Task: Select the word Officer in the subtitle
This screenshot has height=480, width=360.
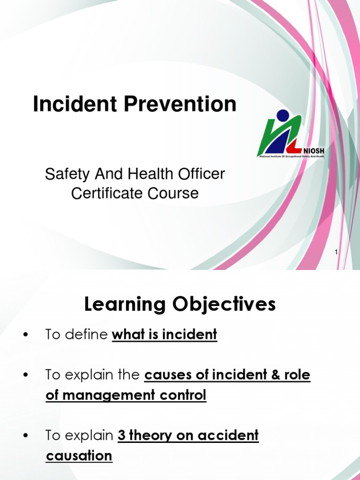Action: [201, 174]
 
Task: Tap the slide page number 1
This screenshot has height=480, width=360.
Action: [336, 253]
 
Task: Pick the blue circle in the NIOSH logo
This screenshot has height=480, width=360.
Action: [283, 116]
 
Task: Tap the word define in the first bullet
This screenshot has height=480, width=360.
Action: [90, 335]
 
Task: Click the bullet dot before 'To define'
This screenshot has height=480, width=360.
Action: [25, 335]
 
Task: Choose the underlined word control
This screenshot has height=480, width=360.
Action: [185, 396]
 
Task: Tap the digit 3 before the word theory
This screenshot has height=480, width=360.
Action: [122, 435]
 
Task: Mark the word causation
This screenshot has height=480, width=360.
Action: [79, 456]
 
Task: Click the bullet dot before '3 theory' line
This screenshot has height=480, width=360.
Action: [25, 436]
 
